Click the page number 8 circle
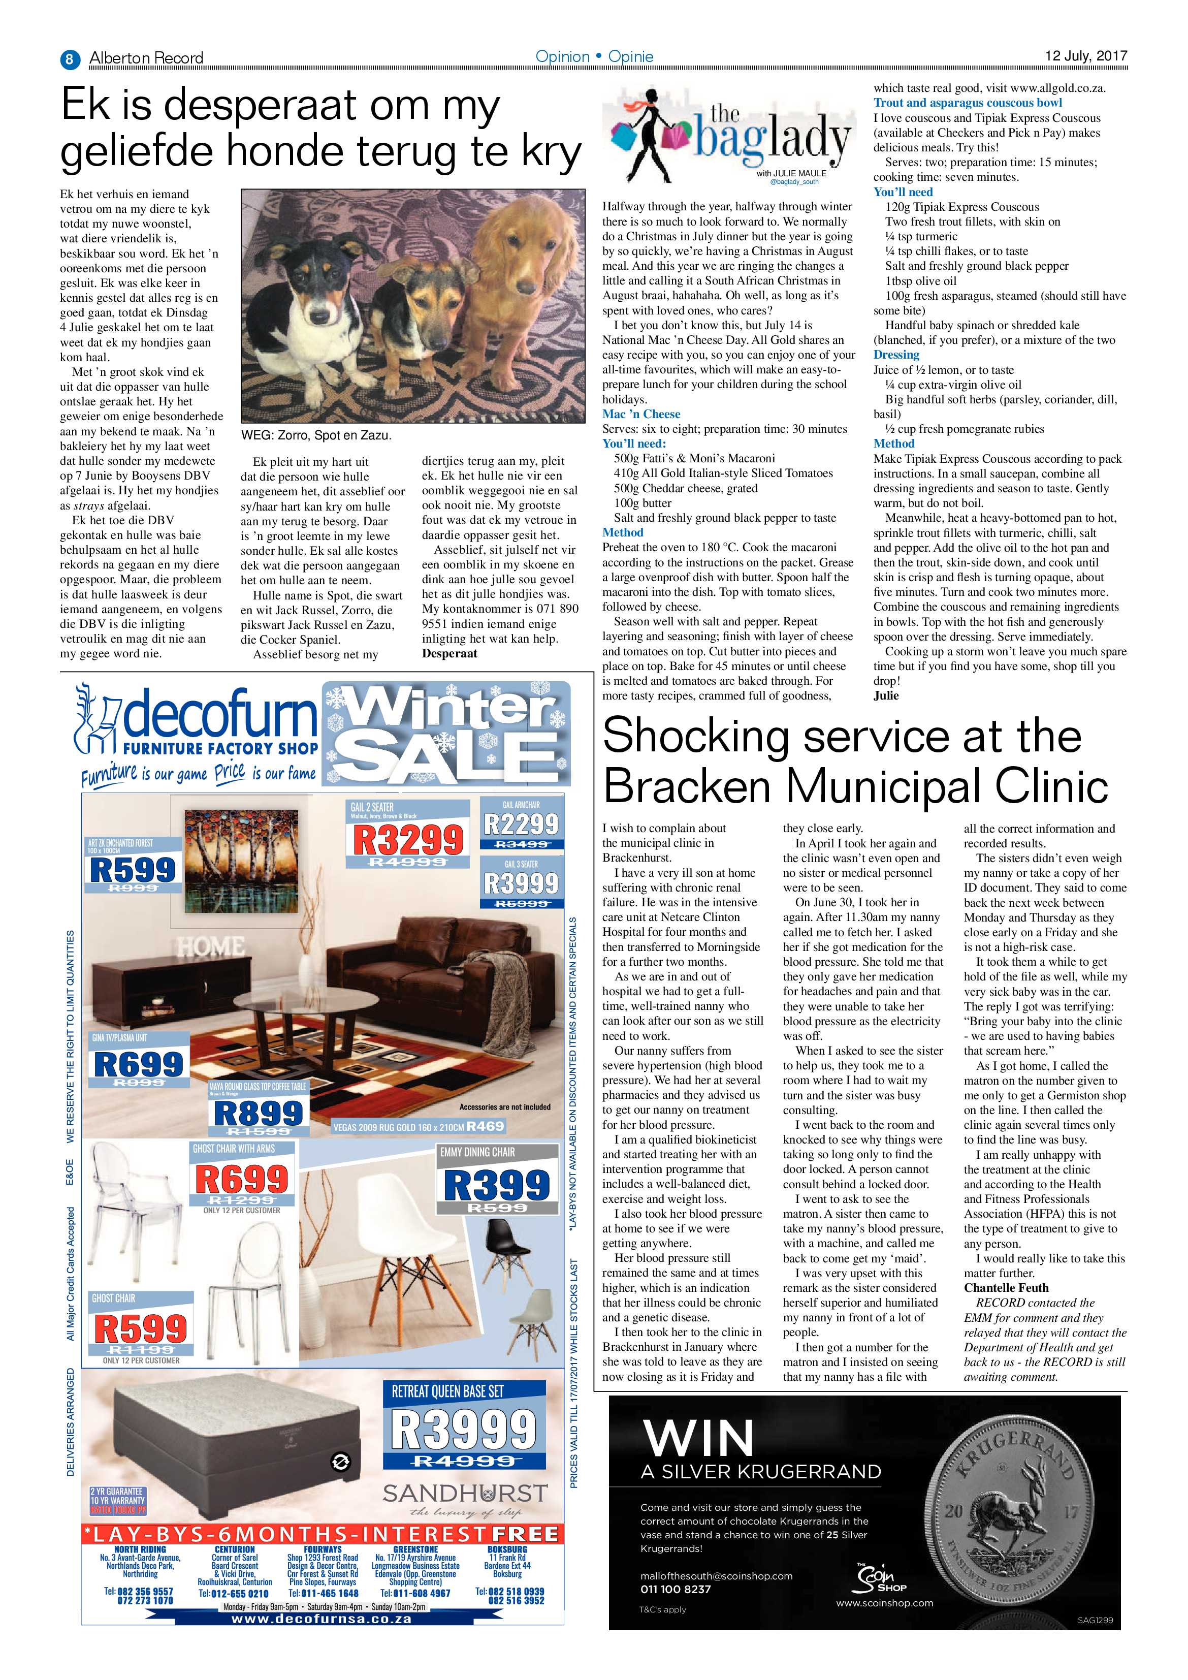[x=70, y=58]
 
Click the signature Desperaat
[x=449, y=653]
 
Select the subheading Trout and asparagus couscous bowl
[x=967, y=103]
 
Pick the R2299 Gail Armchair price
[x=520, y=825]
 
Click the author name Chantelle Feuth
[x=1006, y=1288]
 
